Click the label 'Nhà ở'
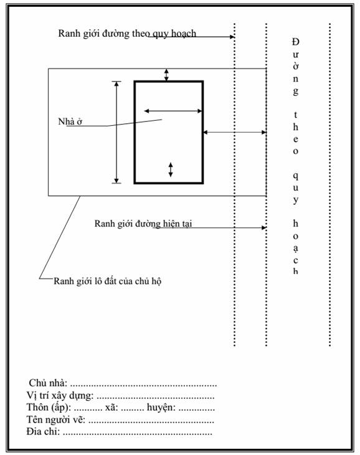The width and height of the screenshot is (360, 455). click(70, 121)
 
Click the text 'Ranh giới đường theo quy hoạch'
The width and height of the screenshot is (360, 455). click(127, 34)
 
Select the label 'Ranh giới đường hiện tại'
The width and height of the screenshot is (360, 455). click(143, 223)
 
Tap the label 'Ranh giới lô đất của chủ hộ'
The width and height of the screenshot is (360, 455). click(107, 281)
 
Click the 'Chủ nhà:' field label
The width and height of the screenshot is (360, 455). click(48, 383)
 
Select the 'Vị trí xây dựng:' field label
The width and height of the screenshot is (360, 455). click(60, 395)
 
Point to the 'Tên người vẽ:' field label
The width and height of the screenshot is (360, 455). click(55, 420)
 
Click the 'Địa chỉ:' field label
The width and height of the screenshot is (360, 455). click(43, 431)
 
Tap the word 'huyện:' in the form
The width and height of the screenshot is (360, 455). click(161, 408)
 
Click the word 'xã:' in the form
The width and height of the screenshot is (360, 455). click(111, 408)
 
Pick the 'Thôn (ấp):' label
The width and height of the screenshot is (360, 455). click(49, 408)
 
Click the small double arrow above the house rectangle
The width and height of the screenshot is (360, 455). click(166, 75)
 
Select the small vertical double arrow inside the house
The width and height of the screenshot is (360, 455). click(171, 170)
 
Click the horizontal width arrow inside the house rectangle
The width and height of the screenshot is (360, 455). click(173, 111)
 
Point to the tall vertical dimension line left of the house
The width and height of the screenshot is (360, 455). click(116, 133)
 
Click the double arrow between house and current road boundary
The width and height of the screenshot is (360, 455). click(235, 133)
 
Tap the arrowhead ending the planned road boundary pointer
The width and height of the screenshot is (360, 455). click(232, 37)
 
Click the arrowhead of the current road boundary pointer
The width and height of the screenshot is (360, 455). click(264, 228)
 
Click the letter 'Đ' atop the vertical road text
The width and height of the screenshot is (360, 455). click(296, 42)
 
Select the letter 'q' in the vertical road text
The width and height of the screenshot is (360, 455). click(296, 176)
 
